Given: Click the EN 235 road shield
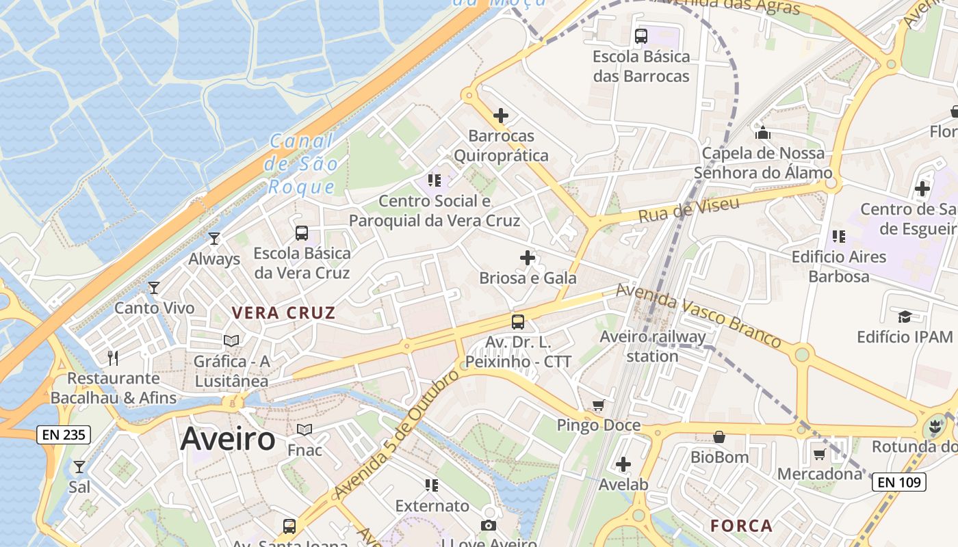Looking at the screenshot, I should [x=64, y=434].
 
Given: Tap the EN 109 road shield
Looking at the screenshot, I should [x=900, y=481].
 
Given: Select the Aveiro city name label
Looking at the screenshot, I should [x=228, y=439].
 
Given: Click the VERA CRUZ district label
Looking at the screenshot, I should [x=283, y=313].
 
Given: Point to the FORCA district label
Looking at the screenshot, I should [x=741, y=526].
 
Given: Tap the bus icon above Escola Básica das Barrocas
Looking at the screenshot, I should [x=641, y=36].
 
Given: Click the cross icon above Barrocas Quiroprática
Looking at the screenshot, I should [x=501, y=116].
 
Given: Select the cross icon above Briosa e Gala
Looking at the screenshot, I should [x=527, y=258].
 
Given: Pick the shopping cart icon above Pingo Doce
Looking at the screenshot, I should [x=599, y=405].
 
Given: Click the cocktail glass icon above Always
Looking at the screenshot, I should [x=214, y=239].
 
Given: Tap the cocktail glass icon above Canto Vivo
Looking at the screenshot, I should [x=154, y=288].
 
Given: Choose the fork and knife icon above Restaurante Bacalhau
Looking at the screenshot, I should [x=113, y=358].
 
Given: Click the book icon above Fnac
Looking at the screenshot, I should [x=305, y=429].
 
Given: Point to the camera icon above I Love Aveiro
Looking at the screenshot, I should [x=488, y=525].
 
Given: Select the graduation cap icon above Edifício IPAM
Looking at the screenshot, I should [x=905, y=317].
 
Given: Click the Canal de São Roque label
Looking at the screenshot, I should [x=302, y=164].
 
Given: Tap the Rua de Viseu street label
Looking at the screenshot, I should [x=688, y=210].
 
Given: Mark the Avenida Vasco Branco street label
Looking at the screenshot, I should [x=698, y=315].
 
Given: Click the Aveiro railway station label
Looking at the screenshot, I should [x=652, y=346].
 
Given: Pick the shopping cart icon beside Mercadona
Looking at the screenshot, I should [x=819, y=454].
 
